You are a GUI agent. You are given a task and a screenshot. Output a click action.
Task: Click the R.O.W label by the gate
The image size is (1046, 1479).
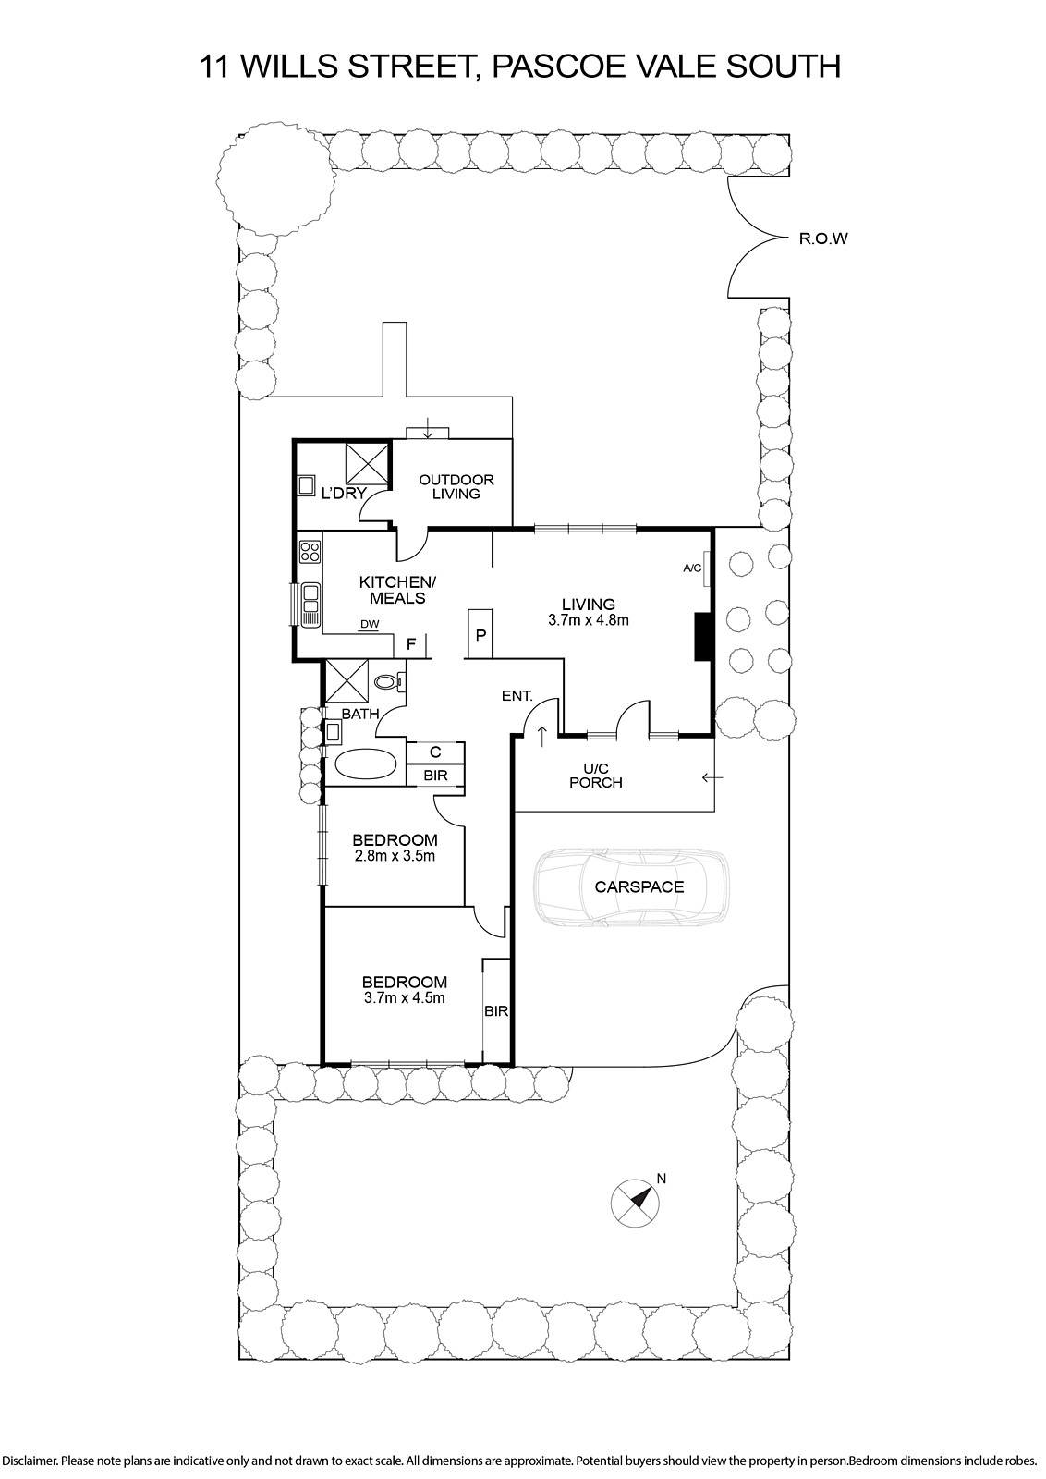click(x=823, y=239)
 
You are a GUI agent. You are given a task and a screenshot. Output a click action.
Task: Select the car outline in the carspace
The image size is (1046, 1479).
click(x=633, y=886)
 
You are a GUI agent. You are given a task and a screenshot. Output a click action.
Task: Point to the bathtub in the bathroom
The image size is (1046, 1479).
click(x=366, y=764)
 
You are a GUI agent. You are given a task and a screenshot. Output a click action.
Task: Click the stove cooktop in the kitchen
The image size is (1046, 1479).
click(x=310, y=551)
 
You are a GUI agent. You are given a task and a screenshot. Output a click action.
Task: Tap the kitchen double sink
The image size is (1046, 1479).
click(x=310, y=605)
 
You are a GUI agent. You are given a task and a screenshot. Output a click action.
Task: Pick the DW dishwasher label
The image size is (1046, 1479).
click(x=370, y=623)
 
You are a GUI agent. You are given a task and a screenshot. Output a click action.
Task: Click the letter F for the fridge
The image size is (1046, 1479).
click(x=410, y=644)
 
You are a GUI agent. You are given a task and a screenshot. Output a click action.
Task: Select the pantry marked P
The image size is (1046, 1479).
click(x=480, y=634)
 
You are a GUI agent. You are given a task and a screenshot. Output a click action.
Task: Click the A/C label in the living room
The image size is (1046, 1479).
click(x=692, y=568)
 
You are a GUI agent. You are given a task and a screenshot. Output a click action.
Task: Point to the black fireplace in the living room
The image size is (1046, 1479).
click(x=701, y=637)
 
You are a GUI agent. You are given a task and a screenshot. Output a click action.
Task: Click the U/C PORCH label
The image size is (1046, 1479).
click(x=596, y=776)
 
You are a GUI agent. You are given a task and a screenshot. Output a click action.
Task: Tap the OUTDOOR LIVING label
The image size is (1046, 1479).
click(x=456, y=486)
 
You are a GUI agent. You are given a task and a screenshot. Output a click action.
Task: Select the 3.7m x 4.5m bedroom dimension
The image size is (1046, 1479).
click(x=404, y=997)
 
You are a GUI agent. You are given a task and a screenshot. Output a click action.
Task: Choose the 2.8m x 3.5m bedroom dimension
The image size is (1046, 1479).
click(x=394, y=856)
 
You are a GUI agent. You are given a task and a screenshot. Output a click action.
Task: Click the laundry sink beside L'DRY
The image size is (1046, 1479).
click(x=306, y=485)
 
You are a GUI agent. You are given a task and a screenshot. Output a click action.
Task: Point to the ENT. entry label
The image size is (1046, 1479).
click(x=517, y=695)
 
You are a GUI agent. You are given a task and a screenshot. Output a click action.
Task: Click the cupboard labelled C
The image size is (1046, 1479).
click(x=435, y=752)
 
